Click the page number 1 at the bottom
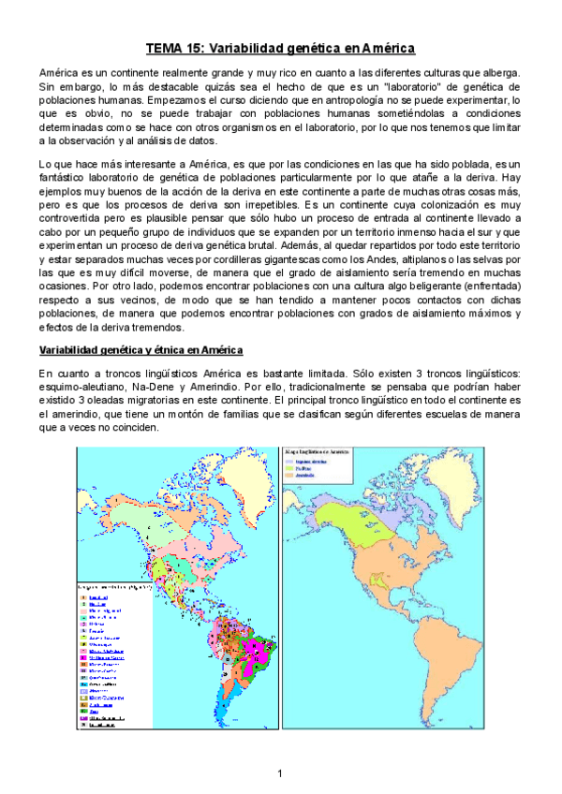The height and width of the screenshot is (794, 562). coord(280,772)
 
